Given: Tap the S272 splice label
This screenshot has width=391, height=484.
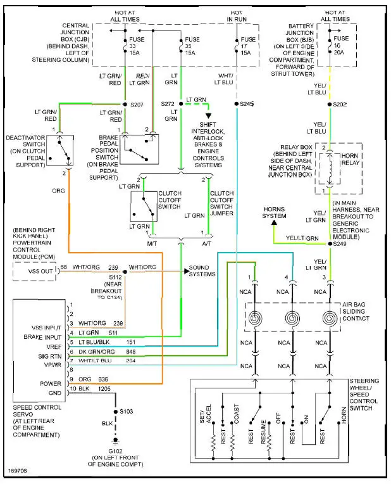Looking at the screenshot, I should [x=167, y=103].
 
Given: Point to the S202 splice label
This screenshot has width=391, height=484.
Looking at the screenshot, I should [x=340, y=103].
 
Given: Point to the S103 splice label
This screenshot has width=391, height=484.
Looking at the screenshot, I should [x=127, y=411].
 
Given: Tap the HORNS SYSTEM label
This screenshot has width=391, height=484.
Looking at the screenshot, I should [x=274, y=212].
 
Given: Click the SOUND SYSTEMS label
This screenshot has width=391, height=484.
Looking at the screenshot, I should [x=202, y=271].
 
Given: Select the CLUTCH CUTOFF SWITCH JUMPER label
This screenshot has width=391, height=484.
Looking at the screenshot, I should [x=221, y=203].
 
